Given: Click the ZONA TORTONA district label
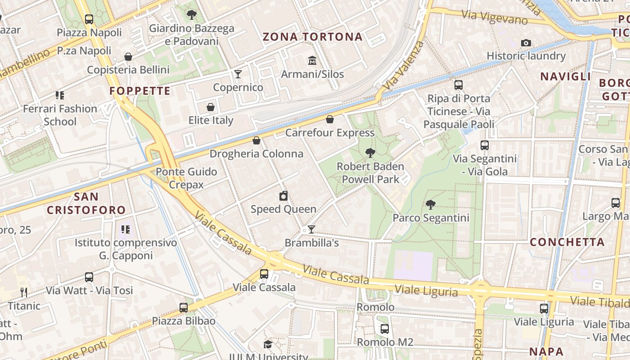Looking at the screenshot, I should point(312,37).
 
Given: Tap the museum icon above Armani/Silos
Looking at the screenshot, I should point(312,60).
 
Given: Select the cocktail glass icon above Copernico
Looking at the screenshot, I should point(238,74).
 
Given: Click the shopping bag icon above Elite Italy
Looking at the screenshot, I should point(210,107).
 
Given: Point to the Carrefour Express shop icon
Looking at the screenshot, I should point(330,119).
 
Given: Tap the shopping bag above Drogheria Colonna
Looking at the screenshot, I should point(256,140).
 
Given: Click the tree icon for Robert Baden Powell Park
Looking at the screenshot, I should point(370,153).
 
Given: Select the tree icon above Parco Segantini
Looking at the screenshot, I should point(431,205).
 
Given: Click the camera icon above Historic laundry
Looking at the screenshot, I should point(526,43).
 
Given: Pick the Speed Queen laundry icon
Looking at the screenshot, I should point(283,196).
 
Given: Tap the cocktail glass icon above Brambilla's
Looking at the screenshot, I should point(311,229).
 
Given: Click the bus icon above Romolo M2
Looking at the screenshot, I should point(385,329).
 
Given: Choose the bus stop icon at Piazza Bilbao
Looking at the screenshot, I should point(184,308).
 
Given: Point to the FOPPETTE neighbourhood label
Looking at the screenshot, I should point(140,91).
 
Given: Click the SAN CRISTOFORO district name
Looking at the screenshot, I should point(86,203).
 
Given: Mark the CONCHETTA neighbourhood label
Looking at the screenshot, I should point(567,242).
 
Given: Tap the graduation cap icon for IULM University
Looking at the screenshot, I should point(268,345).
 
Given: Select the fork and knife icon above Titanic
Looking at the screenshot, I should point(24,292).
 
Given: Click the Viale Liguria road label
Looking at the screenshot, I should point(426,291).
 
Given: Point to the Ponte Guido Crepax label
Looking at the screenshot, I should point(186,178).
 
